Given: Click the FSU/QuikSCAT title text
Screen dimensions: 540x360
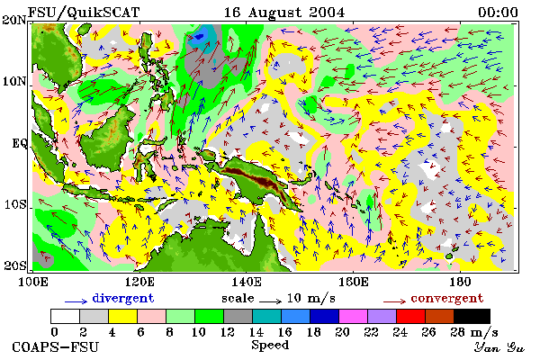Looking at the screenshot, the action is pos(84,13).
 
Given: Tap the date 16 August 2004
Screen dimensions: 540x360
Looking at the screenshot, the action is pos(284,13).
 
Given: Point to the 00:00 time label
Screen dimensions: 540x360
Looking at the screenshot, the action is pos(498,13).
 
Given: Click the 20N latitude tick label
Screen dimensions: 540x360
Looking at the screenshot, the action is pos(14,20).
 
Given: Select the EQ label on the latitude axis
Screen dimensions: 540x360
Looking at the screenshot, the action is pos(20,143).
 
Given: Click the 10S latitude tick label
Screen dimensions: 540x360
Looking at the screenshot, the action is pos(14,204).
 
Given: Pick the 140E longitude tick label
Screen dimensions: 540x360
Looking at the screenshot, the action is pos(246,282).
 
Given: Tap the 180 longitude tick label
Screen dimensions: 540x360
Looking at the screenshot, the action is pos(460,282).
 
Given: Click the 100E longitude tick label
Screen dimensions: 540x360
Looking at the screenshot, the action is pos(32,282).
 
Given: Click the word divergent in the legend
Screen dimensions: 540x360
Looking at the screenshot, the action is pos(123,299).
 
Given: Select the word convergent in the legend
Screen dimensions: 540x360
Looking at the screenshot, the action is pos(447,298).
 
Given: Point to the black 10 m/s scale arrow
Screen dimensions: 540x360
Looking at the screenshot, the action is pos(270,301).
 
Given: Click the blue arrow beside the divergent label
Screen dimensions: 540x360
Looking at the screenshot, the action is pos(76,301).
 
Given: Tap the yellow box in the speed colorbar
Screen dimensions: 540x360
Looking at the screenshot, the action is pos(123,316).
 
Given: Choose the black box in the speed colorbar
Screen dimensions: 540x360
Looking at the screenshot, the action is pos(472,316).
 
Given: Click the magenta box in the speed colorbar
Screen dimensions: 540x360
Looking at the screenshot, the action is pos(354,316).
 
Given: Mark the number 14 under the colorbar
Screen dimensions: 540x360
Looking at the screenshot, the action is pos(256,332).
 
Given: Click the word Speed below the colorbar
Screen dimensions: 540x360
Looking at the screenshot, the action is pos(270,346).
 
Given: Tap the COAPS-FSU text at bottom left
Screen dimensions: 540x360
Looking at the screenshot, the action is pos(56,346).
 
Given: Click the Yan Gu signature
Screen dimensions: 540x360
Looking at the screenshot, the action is pos(499,346).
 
